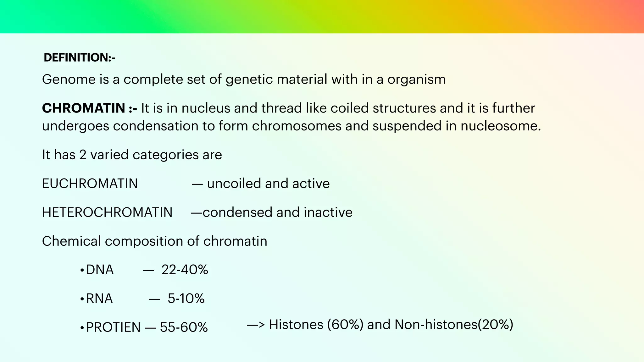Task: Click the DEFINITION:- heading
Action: pos(79,58)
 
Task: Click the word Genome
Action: pos(69,79)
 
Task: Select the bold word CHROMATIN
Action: pos(84,108)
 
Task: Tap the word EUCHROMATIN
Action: pos(90,184)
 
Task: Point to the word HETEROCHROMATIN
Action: pos(107,212)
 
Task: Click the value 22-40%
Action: pos(185,270)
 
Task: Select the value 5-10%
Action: pos(186,299)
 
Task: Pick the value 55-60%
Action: pos(184,327)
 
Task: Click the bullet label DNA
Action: pos(100,270)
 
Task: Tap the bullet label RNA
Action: pos(99,299)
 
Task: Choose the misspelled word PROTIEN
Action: pos(113,327)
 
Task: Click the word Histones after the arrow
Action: pos(296,325)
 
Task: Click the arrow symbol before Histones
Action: pos(256,325)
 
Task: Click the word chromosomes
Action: pos(297,126)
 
